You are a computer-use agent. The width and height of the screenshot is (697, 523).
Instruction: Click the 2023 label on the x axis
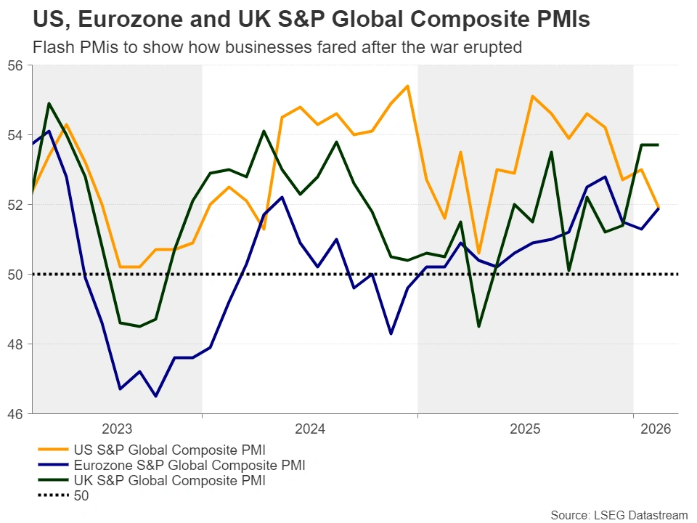tap(117, 429)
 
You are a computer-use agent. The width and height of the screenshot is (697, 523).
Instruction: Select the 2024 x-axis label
tap(309, 429)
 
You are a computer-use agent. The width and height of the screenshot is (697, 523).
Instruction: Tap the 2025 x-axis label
tap(525, 429)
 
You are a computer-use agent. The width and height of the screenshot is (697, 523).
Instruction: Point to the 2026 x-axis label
tap(656, 429)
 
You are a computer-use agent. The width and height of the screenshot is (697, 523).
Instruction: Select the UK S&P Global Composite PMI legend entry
tap(168, 480)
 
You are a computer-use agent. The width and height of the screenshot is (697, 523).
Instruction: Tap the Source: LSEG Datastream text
tap(619, 515)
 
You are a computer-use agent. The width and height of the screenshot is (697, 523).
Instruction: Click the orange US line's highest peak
tap(407, 86)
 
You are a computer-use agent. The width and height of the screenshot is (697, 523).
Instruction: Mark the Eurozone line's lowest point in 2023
tap(156, 396)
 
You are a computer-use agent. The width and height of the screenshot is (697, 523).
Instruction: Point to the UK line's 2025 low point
tap(478, 326)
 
